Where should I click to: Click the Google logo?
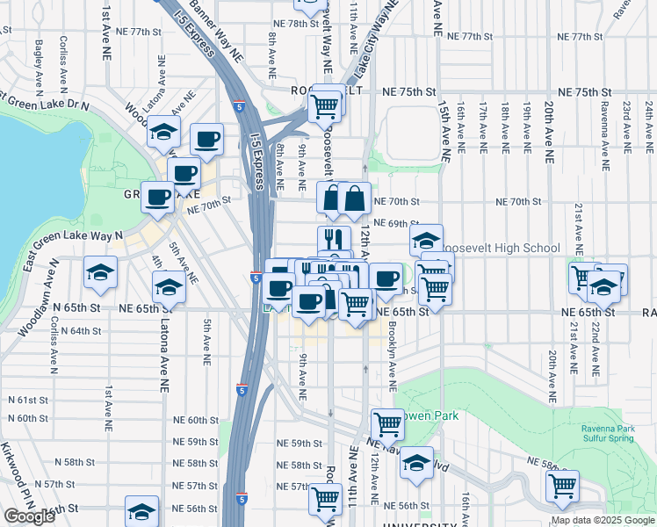pyautogui.click(x=28, y=516)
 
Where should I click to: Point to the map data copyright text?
pyautogui.click(x=602, y=520)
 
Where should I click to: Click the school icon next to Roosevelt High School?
pyautogui.click(x=425, y=239)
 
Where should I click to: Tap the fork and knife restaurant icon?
pyautogui.click(x=334, y=238)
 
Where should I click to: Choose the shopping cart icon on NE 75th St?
pyautogui.click(x=325, y=107)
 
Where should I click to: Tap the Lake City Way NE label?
pyautogui.click(x=372, y=41)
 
